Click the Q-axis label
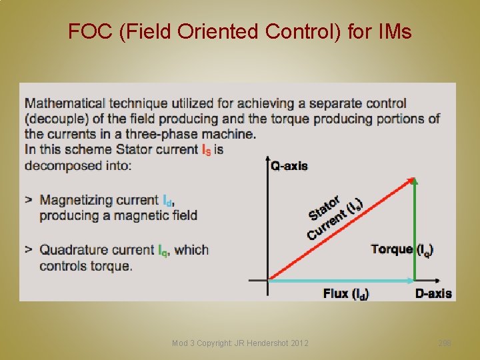tap(289, 165)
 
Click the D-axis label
tap(433, 293)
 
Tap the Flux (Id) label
tap(346, 293)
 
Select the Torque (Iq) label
tap(402, 249)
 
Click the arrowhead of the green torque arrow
tap(415, 181)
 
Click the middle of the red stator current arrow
tap(340, 228)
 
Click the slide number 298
tap(445, 343)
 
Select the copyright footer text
tap(240, 343)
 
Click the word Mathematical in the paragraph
tap(65, 103)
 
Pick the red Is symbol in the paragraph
tap(208, 149)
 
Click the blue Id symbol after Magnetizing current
tap(169, 200)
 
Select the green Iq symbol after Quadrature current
tap(163, 251)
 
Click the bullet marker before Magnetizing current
tap(29, 200)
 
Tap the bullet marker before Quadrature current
tap(29, 250)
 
